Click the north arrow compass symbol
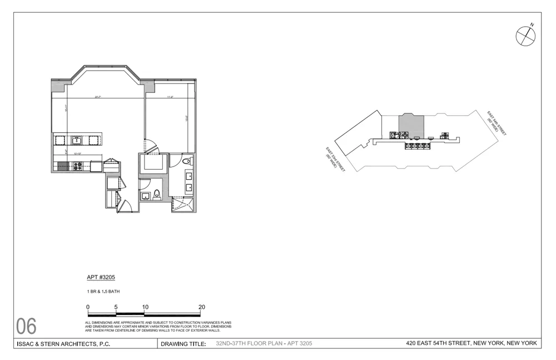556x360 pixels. [525, 36]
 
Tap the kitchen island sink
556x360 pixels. [76, 140]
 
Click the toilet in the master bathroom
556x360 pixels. [187, 161]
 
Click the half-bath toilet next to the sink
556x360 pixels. [157, 195]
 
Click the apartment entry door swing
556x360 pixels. [125, 205]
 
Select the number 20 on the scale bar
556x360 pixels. [202, 307]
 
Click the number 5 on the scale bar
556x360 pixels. [116, 307]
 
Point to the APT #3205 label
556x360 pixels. [101, 277]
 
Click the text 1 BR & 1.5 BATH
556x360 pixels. [103, 291]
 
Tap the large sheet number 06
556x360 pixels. [26, 326]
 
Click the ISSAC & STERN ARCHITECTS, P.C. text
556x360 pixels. [63, 344]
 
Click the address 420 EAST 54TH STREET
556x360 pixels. [471, 343]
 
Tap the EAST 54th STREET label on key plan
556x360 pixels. [496, 124]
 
